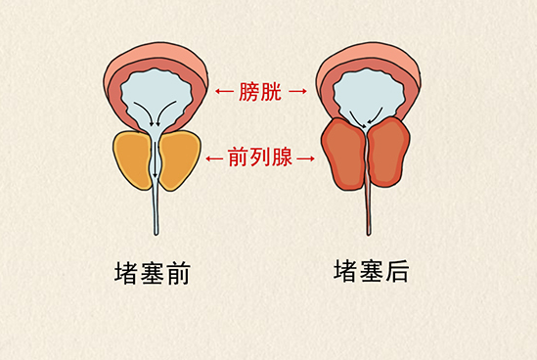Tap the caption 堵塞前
[152, 274]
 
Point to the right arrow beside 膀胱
[299, 93]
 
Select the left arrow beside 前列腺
[214, 156]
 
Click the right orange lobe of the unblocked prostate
[179, 159]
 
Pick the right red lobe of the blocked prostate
[390, 154]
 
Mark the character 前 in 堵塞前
[176, 274]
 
